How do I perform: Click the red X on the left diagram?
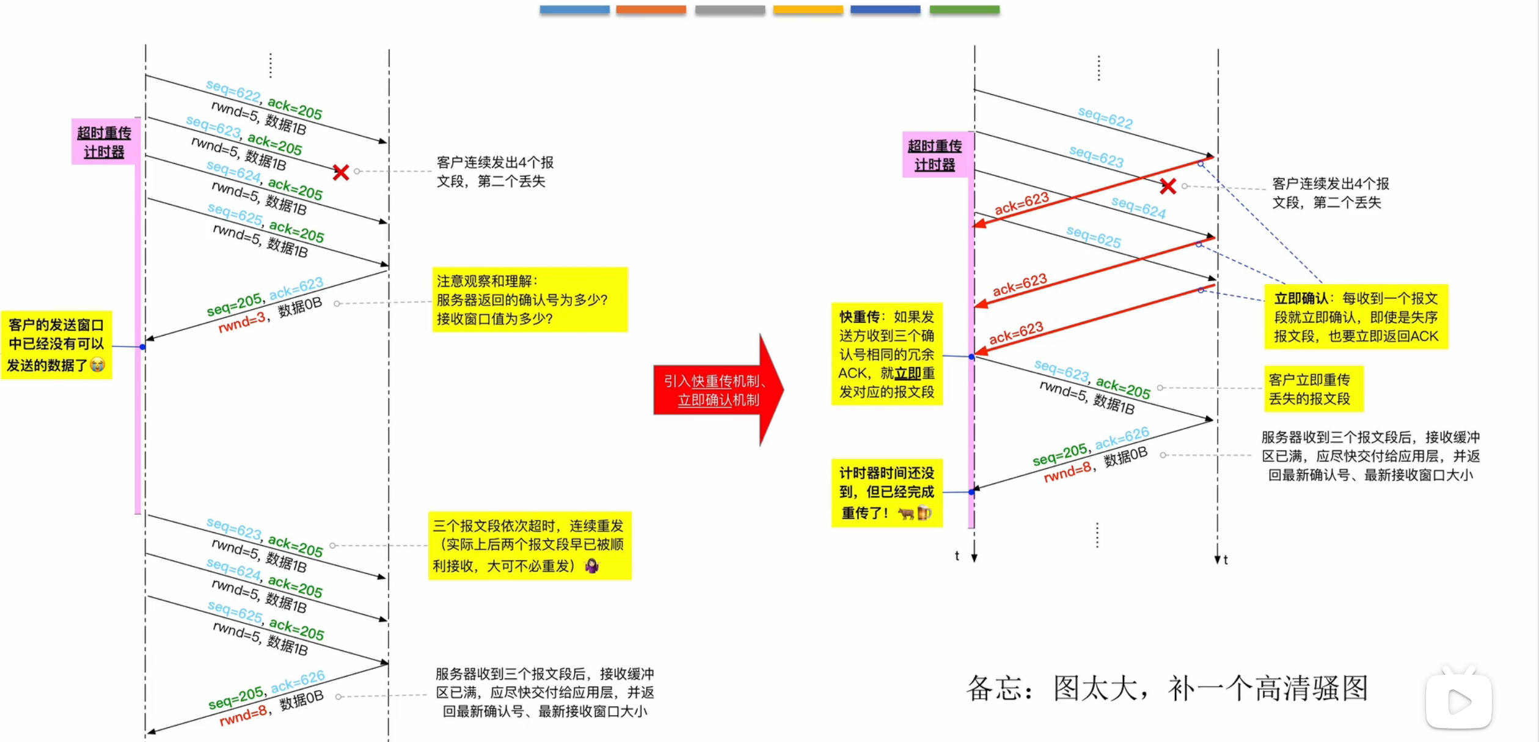(x=341, y=172)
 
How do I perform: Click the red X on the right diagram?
(x=1168, y=186)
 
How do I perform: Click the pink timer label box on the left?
(x=104, y=142)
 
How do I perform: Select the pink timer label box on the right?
(x=934, y=155)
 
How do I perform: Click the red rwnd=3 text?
(x=242, y=322)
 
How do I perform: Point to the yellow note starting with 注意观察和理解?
(x=529, y=299)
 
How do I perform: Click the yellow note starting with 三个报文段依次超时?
(x=529, y=545)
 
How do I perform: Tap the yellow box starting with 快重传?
(x=886, y=354)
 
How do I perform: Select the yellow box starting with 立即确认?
(x=1356, y=317)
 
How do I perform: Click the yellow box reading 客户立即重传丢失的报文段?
(x=1312, y=389)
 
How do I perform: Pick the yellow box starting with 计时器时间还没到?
(x=886, y=493)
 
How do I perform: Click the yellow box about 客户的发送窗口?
(x=56, y=345)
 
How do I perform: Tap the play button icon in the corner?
(x=1458, y=701)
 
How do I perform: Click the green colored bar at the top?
(x=964, y=9)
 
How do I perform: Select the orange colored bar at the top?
(x=651, y=9)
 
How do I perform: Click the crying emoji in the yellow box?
(x=97, y=365)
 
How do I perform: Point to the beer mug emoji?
(x=924, y=513)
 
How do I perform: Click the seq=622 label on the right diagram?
(x=1105, y=117)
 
